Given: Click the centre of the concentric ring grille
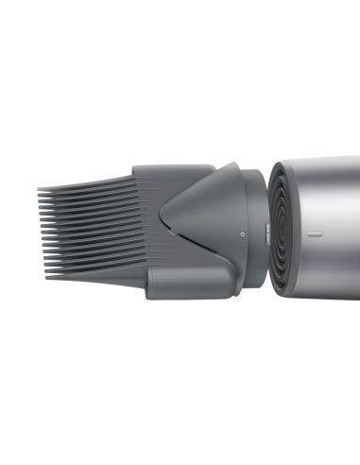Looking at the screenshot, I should [x=283, y=224].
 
